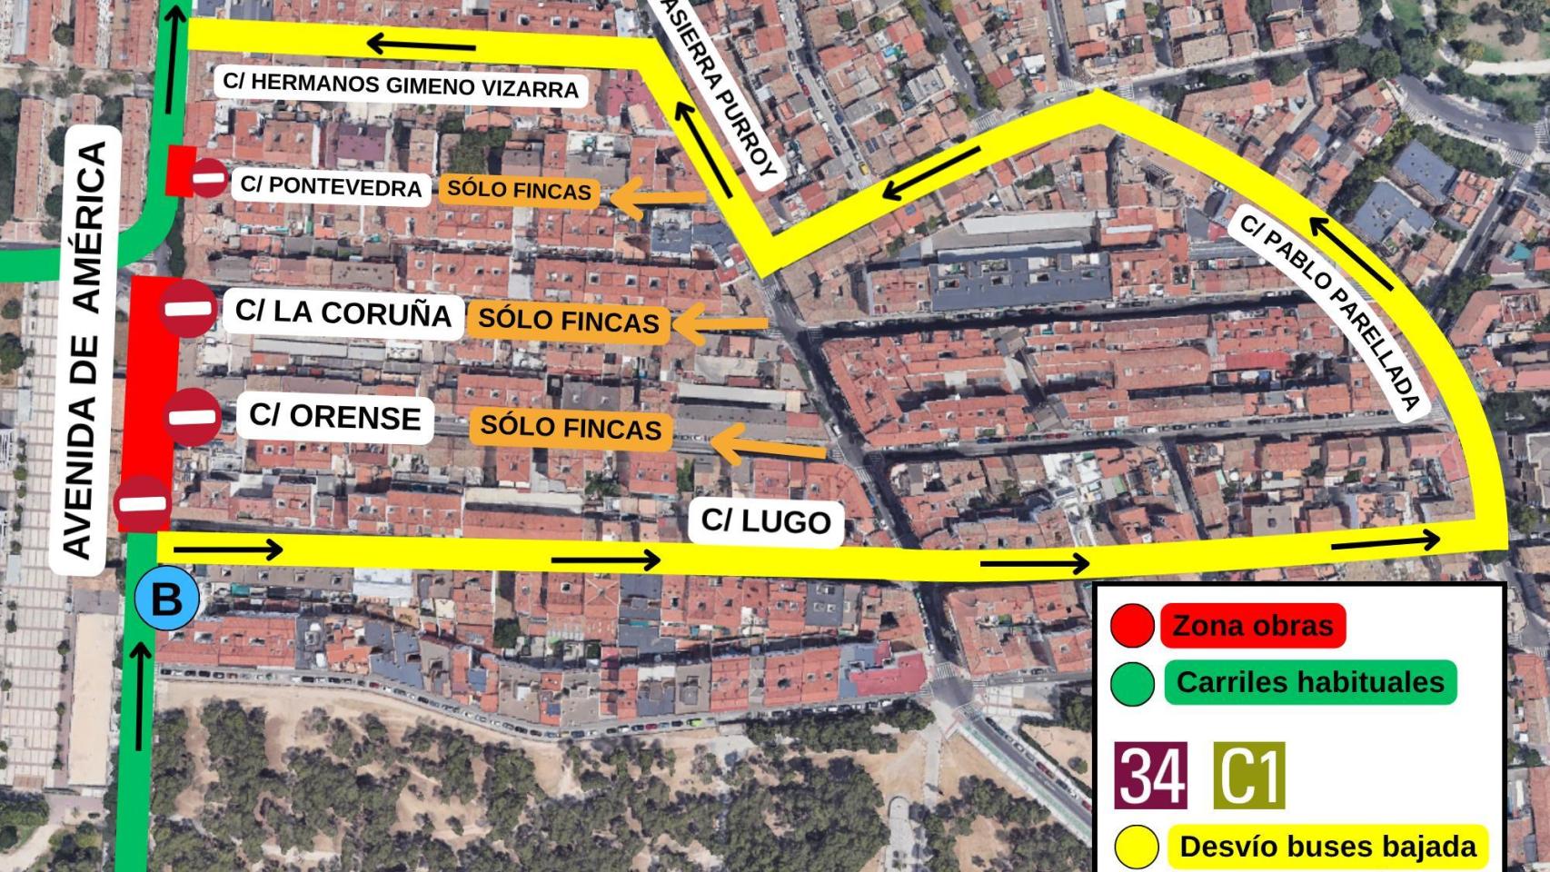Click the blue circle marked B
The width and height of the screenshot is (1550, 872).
(x=165, y=599)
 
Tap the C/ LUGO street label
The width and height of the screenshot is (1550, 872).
(x=766, y=520)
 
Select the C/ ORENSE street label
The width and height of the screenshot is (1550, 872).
(x=334, y=417)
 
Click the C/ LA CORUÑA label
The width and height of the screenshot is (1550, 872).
(x=343, y=312)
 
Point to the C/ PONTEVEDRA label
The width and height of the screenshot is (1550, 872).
(x=331, y=186)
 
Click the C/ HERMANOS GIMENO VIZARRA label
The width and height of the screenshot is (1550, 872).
(x=401, y=85)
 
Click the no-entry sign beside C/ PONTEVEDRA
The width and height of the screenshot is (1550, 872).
(x=208, y=178)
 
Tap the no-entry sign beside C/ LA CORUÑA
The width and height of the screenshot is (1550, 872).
(x=189, y=309)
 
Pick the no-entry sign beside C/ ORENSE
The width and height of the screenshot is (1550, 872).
(x=193, y=418)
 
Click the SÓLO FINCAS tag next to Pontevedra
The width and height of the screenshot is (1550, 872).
(x=520, y=190)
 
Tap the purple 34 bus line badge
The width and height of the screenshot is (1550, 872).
(x=1150, y=776)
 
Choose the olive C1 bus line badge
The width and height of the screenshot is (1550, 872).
(x=1249, y=776)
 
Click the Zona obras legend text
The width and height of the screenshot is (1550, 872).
(x=1252, y=626)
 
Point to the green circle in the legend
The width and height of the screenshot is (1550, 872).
(x=1132, y=683)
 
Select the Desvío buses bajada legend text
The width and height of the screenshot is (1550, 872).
(x=1327, y=846)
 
